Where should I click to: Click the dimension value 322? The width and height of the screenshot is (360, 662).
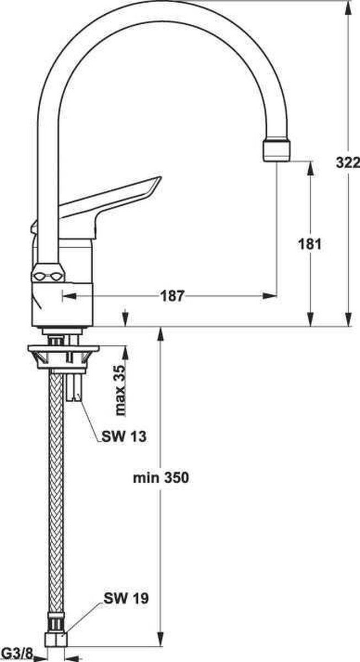coord(348,163)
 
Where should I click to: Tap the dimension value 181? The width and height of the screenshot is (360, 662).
coord(309,244)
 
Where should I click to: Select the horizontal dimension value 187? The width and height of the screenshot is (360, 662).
coord(173,296)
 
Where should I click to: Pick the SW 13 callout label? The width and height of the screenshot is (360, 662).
coord(124,436)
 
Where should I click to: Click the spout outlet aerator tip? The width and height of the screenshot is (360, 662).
coord(276,151)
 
